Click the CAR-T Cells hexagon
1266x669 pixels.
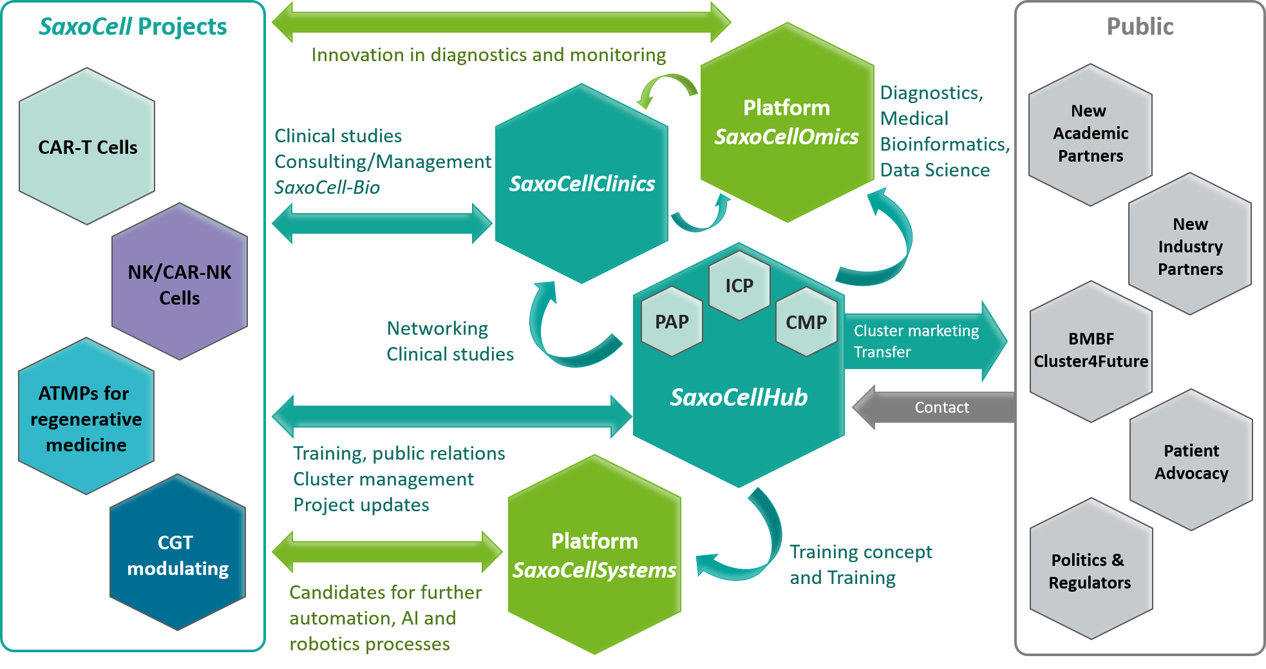87,147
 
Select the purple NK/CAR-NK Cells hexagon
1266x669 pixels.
179,283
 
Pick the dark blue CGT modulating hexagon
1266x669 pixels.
177,554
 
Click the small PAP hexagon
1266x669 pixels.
672,321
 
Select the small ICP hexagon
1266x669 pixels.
739,285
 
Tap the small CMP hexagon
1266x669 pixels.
806,322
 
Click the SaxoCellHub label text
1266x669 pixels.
739,397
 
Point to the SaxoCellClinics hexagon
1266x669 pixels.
581,184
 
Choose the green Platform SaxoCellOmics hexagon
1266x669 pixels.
786,122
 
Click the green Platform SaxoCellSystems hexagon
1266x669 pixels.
594,555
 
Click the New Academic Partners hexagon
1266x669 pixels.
1090,134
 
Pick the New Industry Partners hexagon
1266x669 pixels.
1190,246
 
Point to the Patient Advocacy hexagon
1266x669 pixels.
1191,462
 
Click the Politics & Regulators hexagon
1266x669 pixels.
1090,570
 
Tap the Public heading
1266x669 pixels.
1140,26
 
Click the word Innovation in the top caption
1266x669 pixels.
348,55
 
